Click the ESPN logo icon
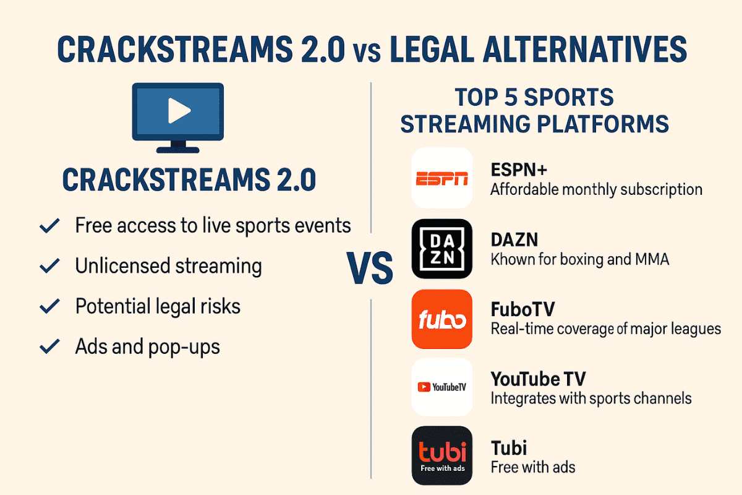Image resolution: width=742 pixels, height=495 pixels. coord(442,178)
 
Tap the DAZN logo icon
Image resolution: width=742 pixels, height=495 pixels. coord(442,249)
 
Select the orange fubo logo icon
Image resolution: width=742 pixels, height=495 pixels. coord(442,319)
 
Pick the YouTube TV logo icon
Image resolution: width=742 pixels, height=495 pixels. coord(442,387)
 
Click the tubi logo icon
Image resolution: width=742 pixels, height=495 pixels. coord(442,455)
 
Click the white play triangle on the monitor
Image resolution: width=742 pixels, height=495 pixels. coord(179,110)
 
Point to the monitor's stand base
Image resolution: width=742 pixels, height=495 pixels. coord(178,150)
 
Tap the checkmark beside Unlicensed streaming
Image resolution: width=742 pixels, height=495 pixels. coord(49,266)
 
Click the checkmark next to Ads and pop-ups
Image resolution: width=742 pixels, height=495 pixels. coord(49,346)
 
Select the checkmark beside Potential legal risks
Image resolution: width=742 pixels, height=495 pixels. coord(49,306)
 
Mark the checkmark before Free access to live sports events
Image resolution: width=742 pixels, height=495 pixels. coord(49,226)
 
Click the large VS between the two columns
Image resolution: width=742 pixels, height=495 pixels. coord(370,268)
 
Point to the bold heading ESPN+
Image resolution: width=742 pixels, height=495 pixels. coord(519,170)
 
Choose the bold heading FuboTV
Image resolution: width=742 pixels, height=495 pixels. coord(522,309)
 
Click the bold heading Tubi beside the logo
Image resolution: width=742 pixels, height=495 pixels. coord(509,448)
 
